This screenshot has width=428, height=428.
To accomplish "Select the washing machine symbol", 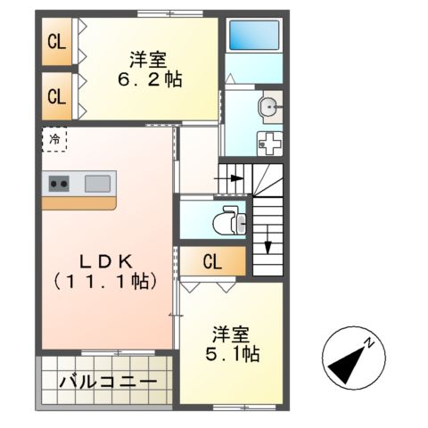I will [x=268, y=142].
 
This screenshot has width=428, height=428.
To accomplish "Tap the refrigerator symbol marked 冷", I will [x=55, y=139].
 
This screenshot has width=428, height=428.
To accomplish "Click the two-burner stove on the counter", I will [x=60, y=184].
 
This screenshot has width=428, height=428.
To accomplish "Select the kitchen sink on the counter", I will [x=97, y=184].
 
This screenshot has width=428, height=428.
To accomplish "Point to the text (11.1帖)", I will [x=106, y=281].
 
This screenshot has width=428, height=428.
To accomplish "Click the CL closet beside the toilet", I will [x=212, y=262].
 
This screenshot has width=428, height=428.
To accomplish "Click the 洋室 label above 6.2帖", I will [x=148, y=60].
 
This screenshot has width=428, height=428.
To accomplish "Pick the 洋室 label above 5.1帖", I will [x=231, y=335].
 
